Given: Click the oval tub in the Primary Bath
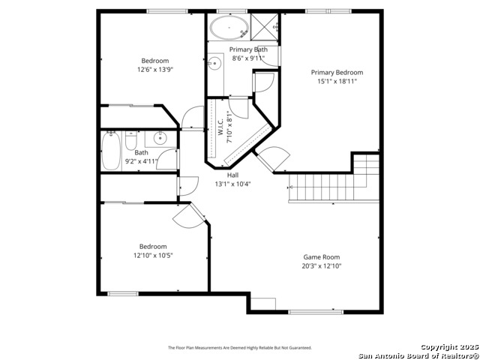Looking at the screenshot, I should pyautogui.click(x=229, y=28).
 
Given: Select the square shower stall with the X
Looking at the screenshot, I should pyautogui.click(x=264, y=26).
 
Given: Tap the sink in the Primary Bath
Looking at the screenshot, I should pyautogui.click(x=214, y=64).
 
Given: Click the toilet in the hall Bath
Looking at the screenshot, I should pyautogui.click(x=130, y=142).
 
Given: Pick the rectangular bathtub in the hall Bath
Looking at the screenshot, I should pyautogui.click(x=111, y=150).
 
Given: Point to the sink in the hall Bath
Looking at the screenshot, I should pyautogui.click(x=160, y=138).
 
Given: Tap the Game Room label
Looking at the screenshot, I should pyautogui.click(x=321, y=256).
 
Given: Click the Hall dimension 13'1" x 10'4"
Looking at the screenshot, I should pyautogui.click(x=232, y=184).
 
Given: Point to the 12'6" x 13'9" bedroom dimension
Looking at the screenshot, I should pyautogui.click(x=155, y=70).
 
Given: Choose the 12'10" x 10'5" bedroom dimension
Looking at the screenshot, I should pyautogui.click(x=153, y=256).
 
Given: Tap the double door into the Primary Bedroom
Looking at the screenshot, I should pyautogui.click(x=271, y=157).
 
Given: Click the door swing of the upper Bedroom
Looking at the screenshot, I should pyautogui.click(x=192, y=118).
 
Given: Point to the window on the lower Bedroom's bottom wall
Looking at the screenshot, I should pyautogui.click(x=123, y=293).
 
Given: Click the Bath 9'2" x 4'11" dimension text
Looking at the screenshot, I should pyautogui.click(x=141, y=160).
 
